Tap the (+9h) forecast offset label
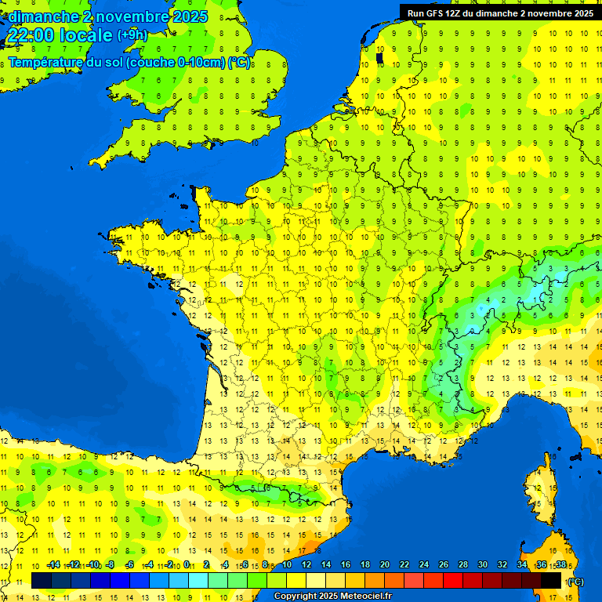pos(132,34)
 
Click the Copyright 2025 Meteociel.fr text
pos(332,597)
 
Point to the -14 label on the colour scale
pos(53,565)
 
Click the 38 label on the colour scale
pos(560,565)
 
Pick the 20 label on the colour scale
pos(385,565)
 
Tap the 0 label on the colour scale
pos(188,565)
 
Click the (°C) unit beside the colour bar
pos(575,581)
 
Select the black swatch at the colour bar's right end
pos(551,580)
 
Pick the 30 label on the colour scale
pos(483,565)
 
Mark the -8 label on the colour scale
pos(111,565)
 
